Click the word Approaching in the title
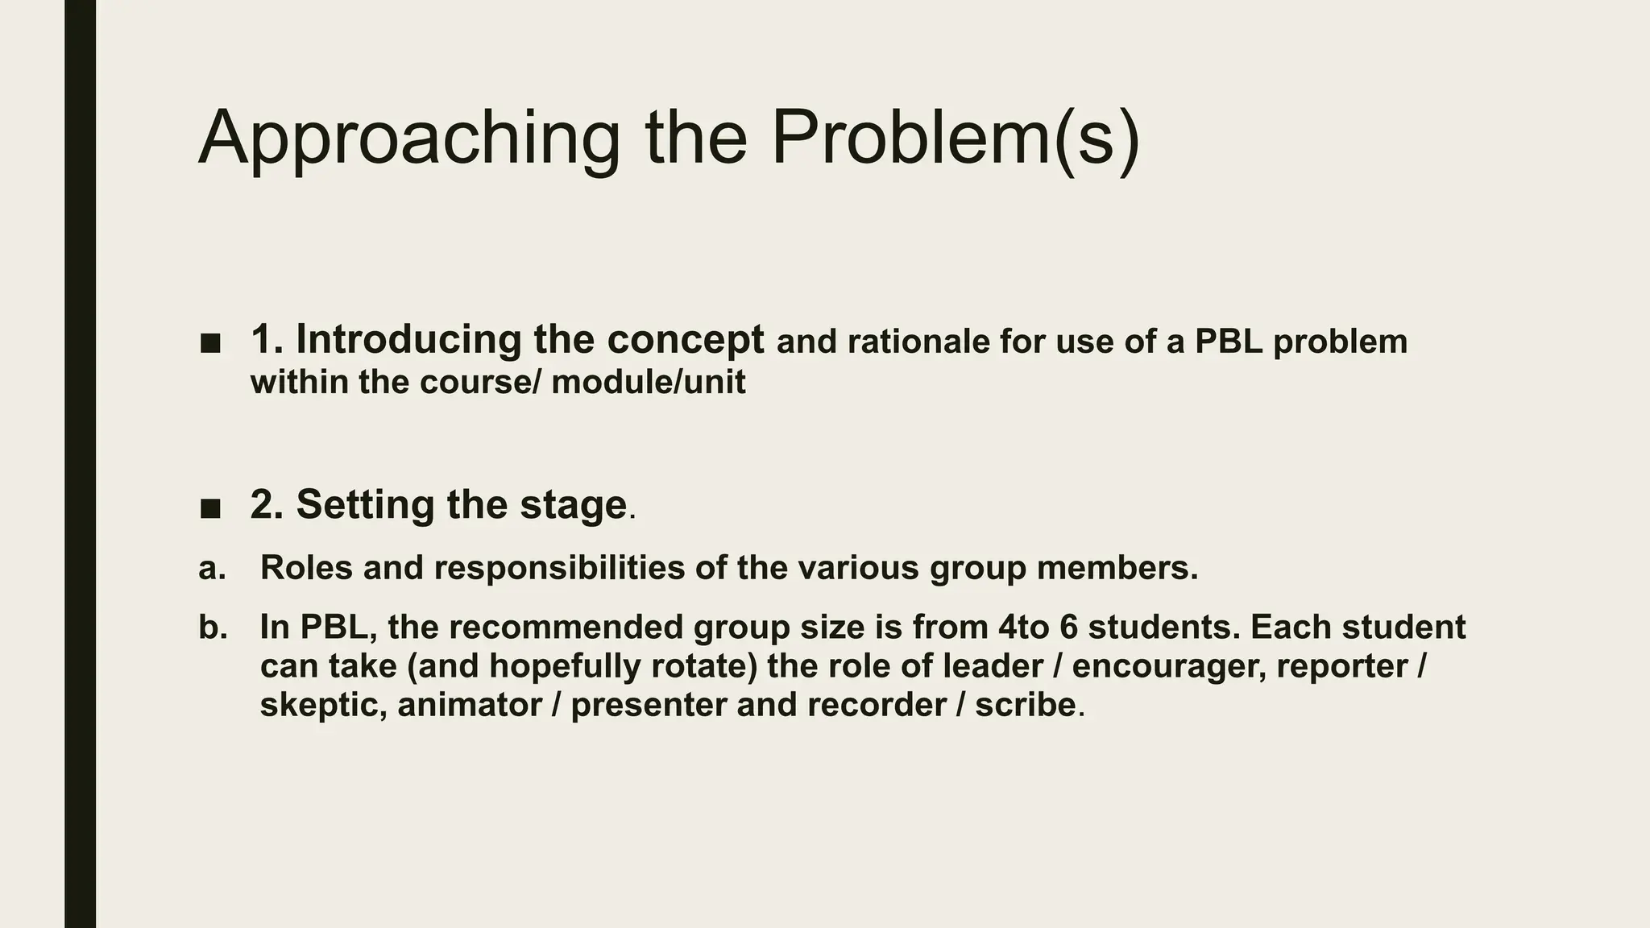(x=409, y=139)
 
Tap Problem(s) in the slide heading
(x=956, y=139)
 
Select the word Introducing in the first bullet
(x=408, y=339)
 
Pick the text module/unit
(x=649, y=382)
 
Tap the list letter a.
(x=212, y=568)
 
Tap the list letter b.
(x=213, y=628)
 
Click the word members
(x=1117, y=568)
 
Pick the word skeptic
(x=322, y=706)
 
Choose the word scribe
(x=1025, y=706)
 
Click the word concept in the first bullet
(x=685, y=339)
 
